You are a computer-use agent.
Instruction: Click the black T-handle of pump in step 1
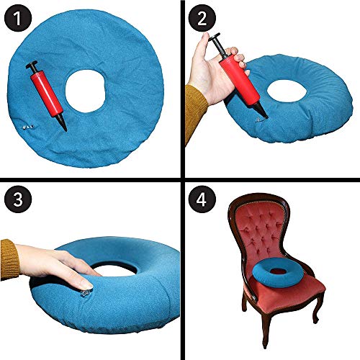tap(31, 66)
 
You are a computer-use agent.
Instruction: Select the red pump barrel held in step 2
tap(234, 76)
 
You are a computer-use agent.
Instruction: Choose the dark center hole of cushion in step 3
tap(115, 253)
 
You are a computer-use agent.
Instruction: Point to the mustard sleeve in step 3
tap(9, 259)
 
